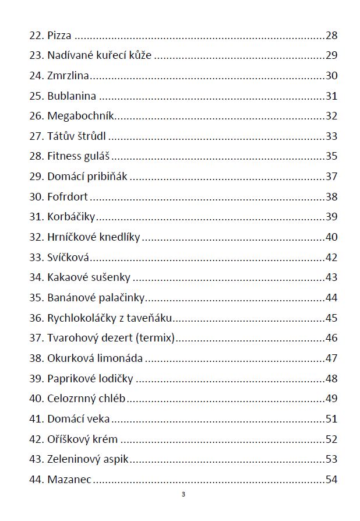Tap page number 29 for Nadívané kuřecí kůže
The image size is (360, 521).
[331, 56]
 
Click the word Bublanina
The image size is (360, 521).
[72, 96]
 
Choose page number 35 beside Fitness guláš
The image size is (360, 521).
[331, 156]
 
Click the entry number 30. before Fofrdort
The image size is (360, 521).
[36, 197]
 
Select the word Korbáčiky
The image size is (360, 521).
[71, 217]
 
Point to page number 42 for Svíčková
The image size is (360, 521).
[331, 258]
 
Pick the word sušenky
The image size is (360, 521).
[111, 277]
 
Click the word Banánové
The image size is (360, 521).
[70, 298]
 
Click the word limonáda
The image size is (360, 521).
[123, 358]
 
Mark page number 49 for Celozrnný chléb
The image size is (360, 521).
[331, 399]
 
